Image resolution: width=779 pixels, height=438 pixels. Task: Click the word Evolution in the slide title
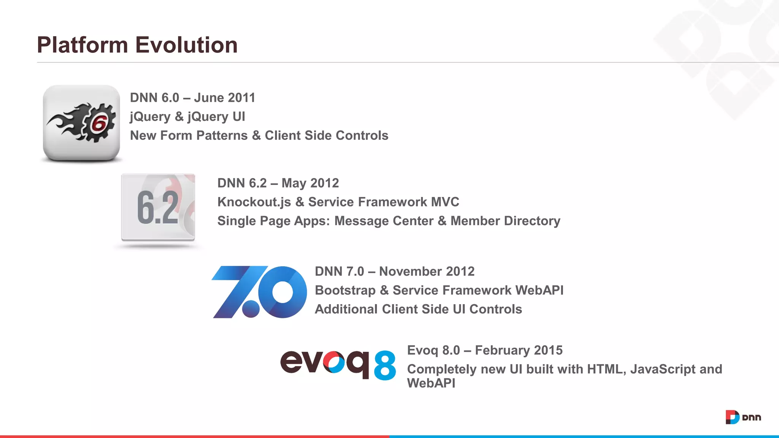pos(186,45)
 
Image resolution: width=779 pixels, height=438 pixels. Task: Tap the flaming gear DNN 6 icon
pos(81,123)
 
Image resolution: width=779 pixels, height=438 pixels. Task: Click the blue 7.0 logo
pos(259,292)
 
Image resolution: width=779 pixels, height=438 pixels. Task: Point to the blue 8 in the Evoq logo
pos(385,365)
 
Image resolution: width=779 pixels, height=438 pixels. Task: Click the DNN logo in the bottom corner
pos(743,417)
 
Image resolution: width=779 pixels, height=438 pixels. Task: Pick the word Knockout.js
pos(254,202)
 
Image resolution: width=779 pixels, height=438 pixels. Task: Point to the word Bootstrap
pos(345,290)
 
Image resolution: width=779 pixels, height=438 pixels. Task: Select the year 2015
pos(548,350)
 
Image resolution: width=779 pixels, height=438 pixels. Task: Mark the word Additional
pos(346,309)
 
